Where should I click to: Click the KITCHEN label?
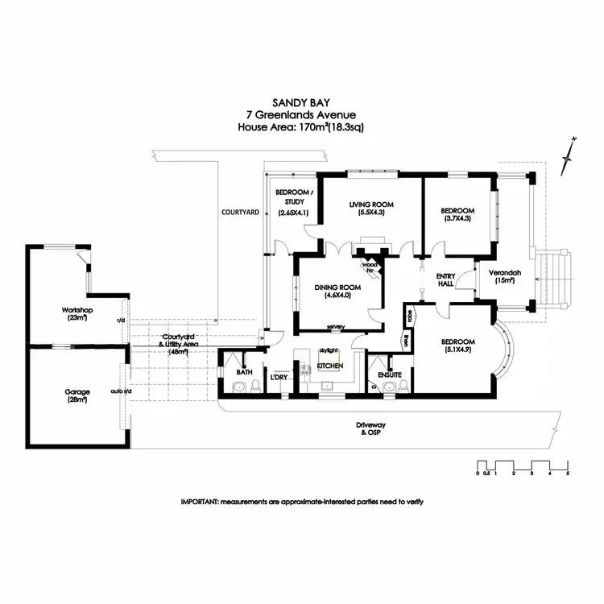pos(330,366)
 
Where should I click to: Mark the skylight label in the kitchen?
pos(327,352)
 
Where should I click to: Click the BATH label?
pos(244,373)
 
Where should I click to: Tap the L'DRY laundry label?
pos(279,377)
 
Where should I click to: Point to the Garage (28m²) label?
pos(78,395)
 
